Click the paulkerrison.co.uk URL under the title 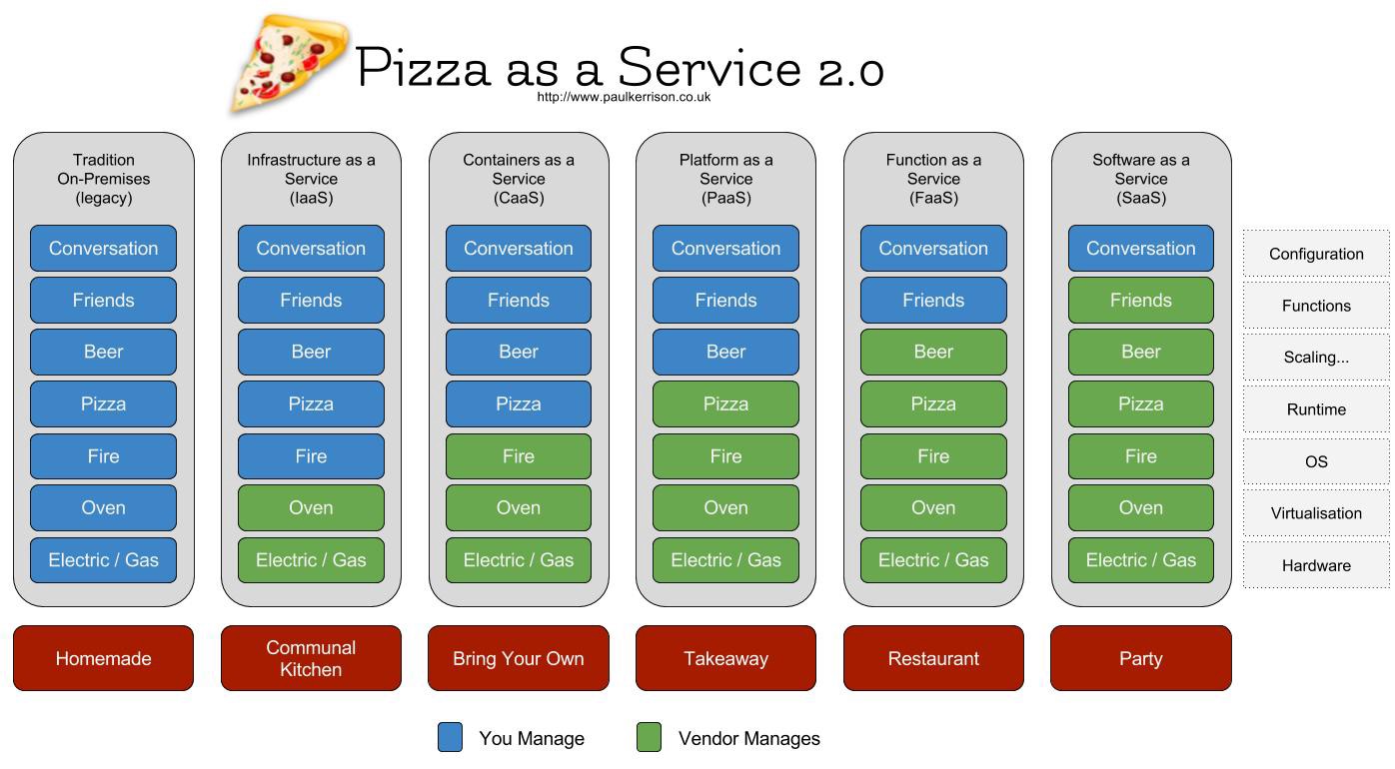(624, 97)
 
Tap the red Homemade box (103, 658)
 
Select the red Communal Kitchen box (311, 658)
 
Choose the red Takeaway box (725, 658)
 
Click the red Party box (1140, 658)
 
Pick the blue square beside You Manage (451, 738)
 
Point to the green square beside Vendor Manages (649, 738)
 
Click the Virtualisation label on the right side (1316, 513)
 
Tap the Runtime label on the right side (1316, 409)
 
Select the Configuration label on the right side (1316, 254)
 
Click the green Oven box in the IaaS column (311, 507)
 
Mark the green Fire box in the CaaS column (518, 455)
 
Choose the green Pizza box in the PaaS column (725, 403)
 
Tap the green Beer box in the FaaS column (933, 352)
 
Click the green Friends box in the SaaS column (1140, 300)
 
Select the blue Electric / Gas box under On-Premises (103, 559)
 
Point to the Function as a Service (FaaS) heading (933, 179)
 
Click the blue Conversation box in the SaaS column (1140, 248)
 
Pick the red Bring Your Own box (518, 658)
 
